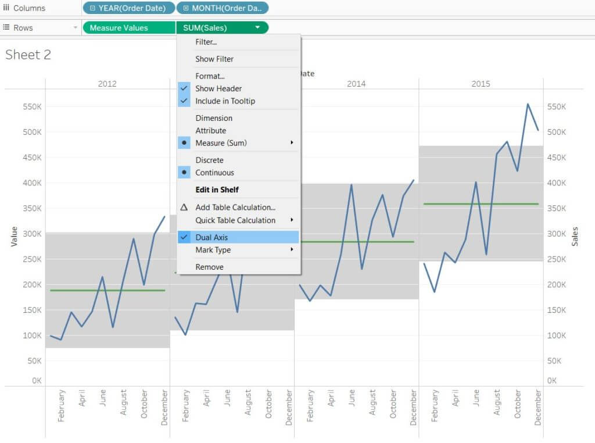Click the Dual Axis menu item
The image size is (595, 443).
click(x=212, y=237)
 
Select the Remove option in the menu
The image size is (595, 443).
click(x=209, y=267)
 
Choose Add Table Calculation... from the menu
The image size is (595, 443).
click(x=235, y=208)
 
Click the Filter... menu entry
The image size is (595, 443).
click(x=206, y=42)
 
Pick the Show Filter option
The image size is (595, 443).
click(x=214, y=59)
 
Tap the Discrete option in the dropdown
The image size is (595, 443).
click(x=209, y=160)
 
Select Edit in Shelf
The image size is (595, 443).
click(x=217, y=190)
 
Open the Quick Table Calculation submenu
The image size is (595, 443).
click(x=235, y=220)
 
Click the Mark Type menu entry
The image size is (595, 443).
click(x=213, y=250)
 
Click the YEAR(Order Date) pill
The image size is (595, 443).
click(x=128, y=8)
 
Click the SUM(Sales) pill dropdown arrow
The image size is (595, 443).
click(x=257, y=27)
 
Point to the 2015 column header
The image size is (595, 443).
click(x=481, y=84)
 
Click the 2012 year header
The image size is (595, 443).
click(x=107, y=84)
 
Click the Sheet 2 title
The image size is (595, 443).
click(x=28, y=55)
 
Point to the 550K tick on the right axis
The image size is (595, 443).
click(x=557, y=107)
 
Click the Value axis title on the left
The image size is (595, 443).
click(x=15, y=237)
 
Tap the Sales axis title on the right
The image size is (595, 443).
click(x=575, y=237)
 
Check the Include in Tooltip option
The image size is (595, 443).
click(x=225, y=101)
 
